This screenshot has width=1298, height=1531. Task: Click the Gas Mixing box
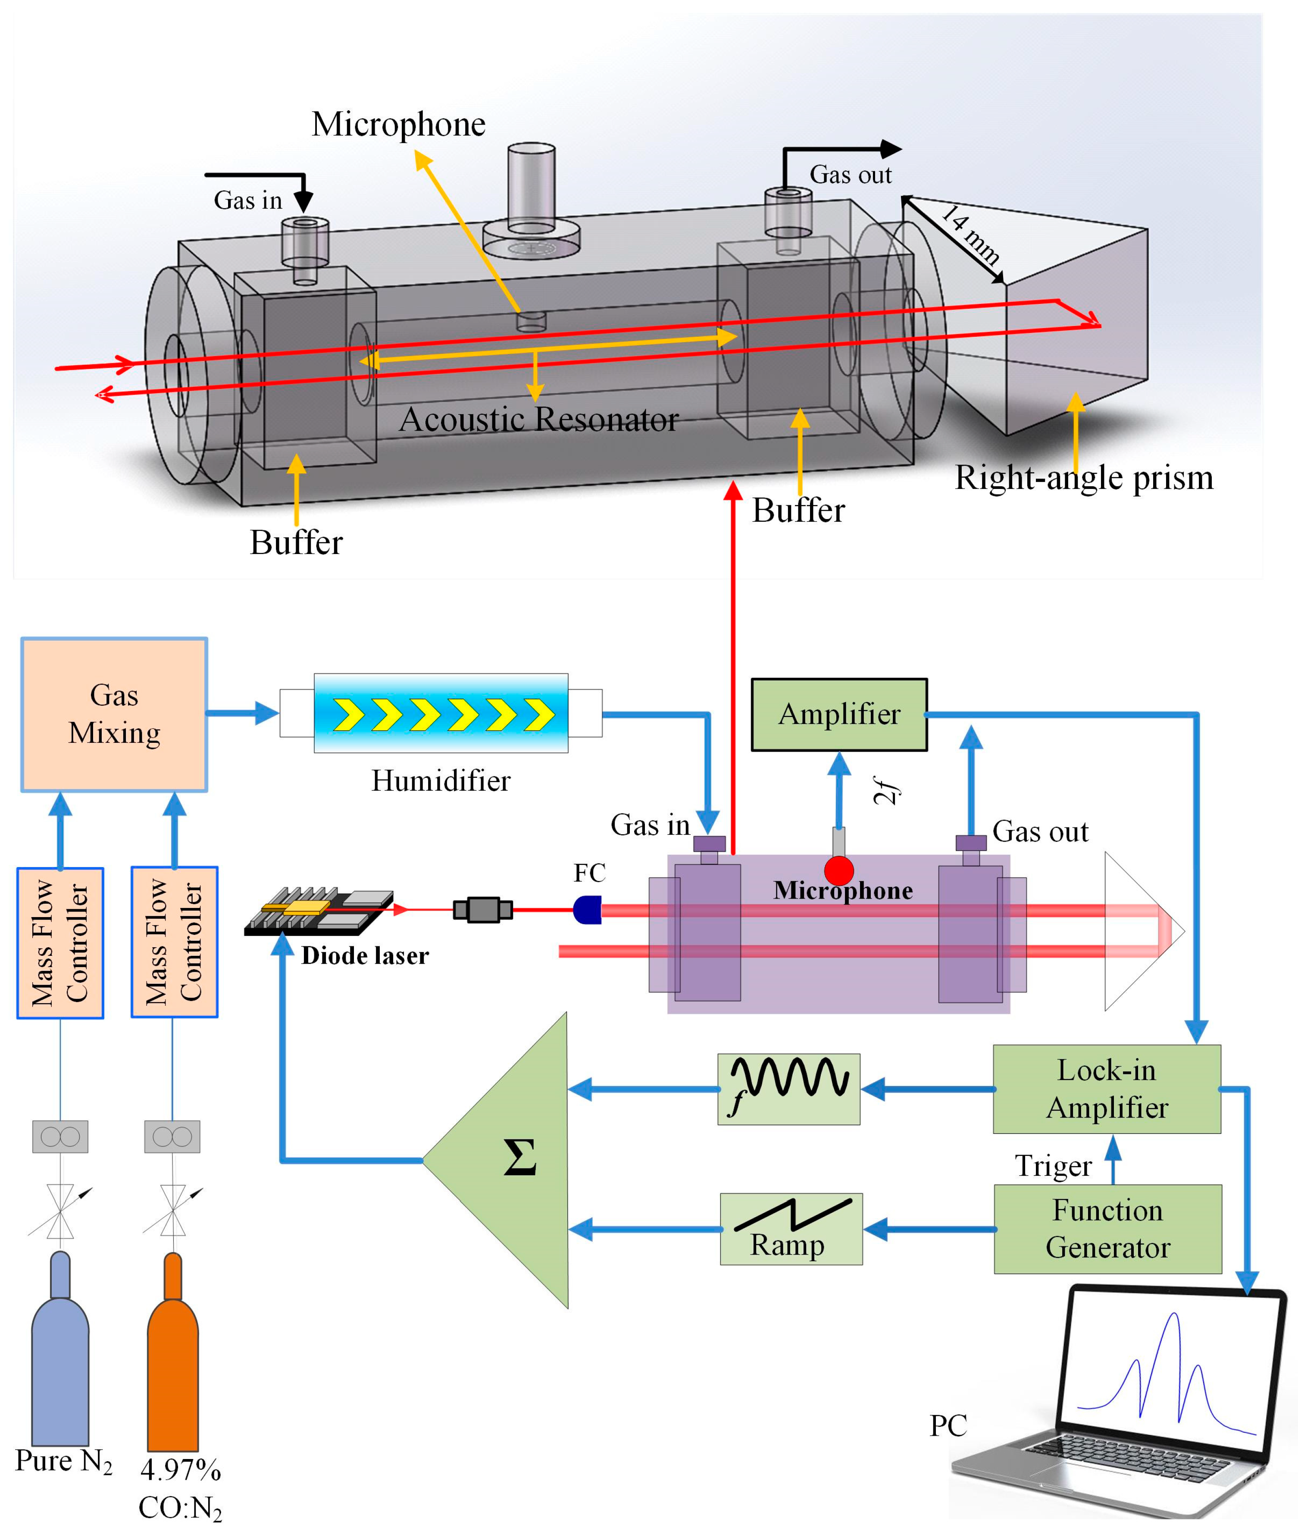(114, 714)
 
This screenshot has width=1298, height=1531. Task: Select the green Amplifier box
(839, 714)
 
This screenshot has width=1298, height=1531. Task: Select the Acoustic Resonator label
(538, 420)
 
